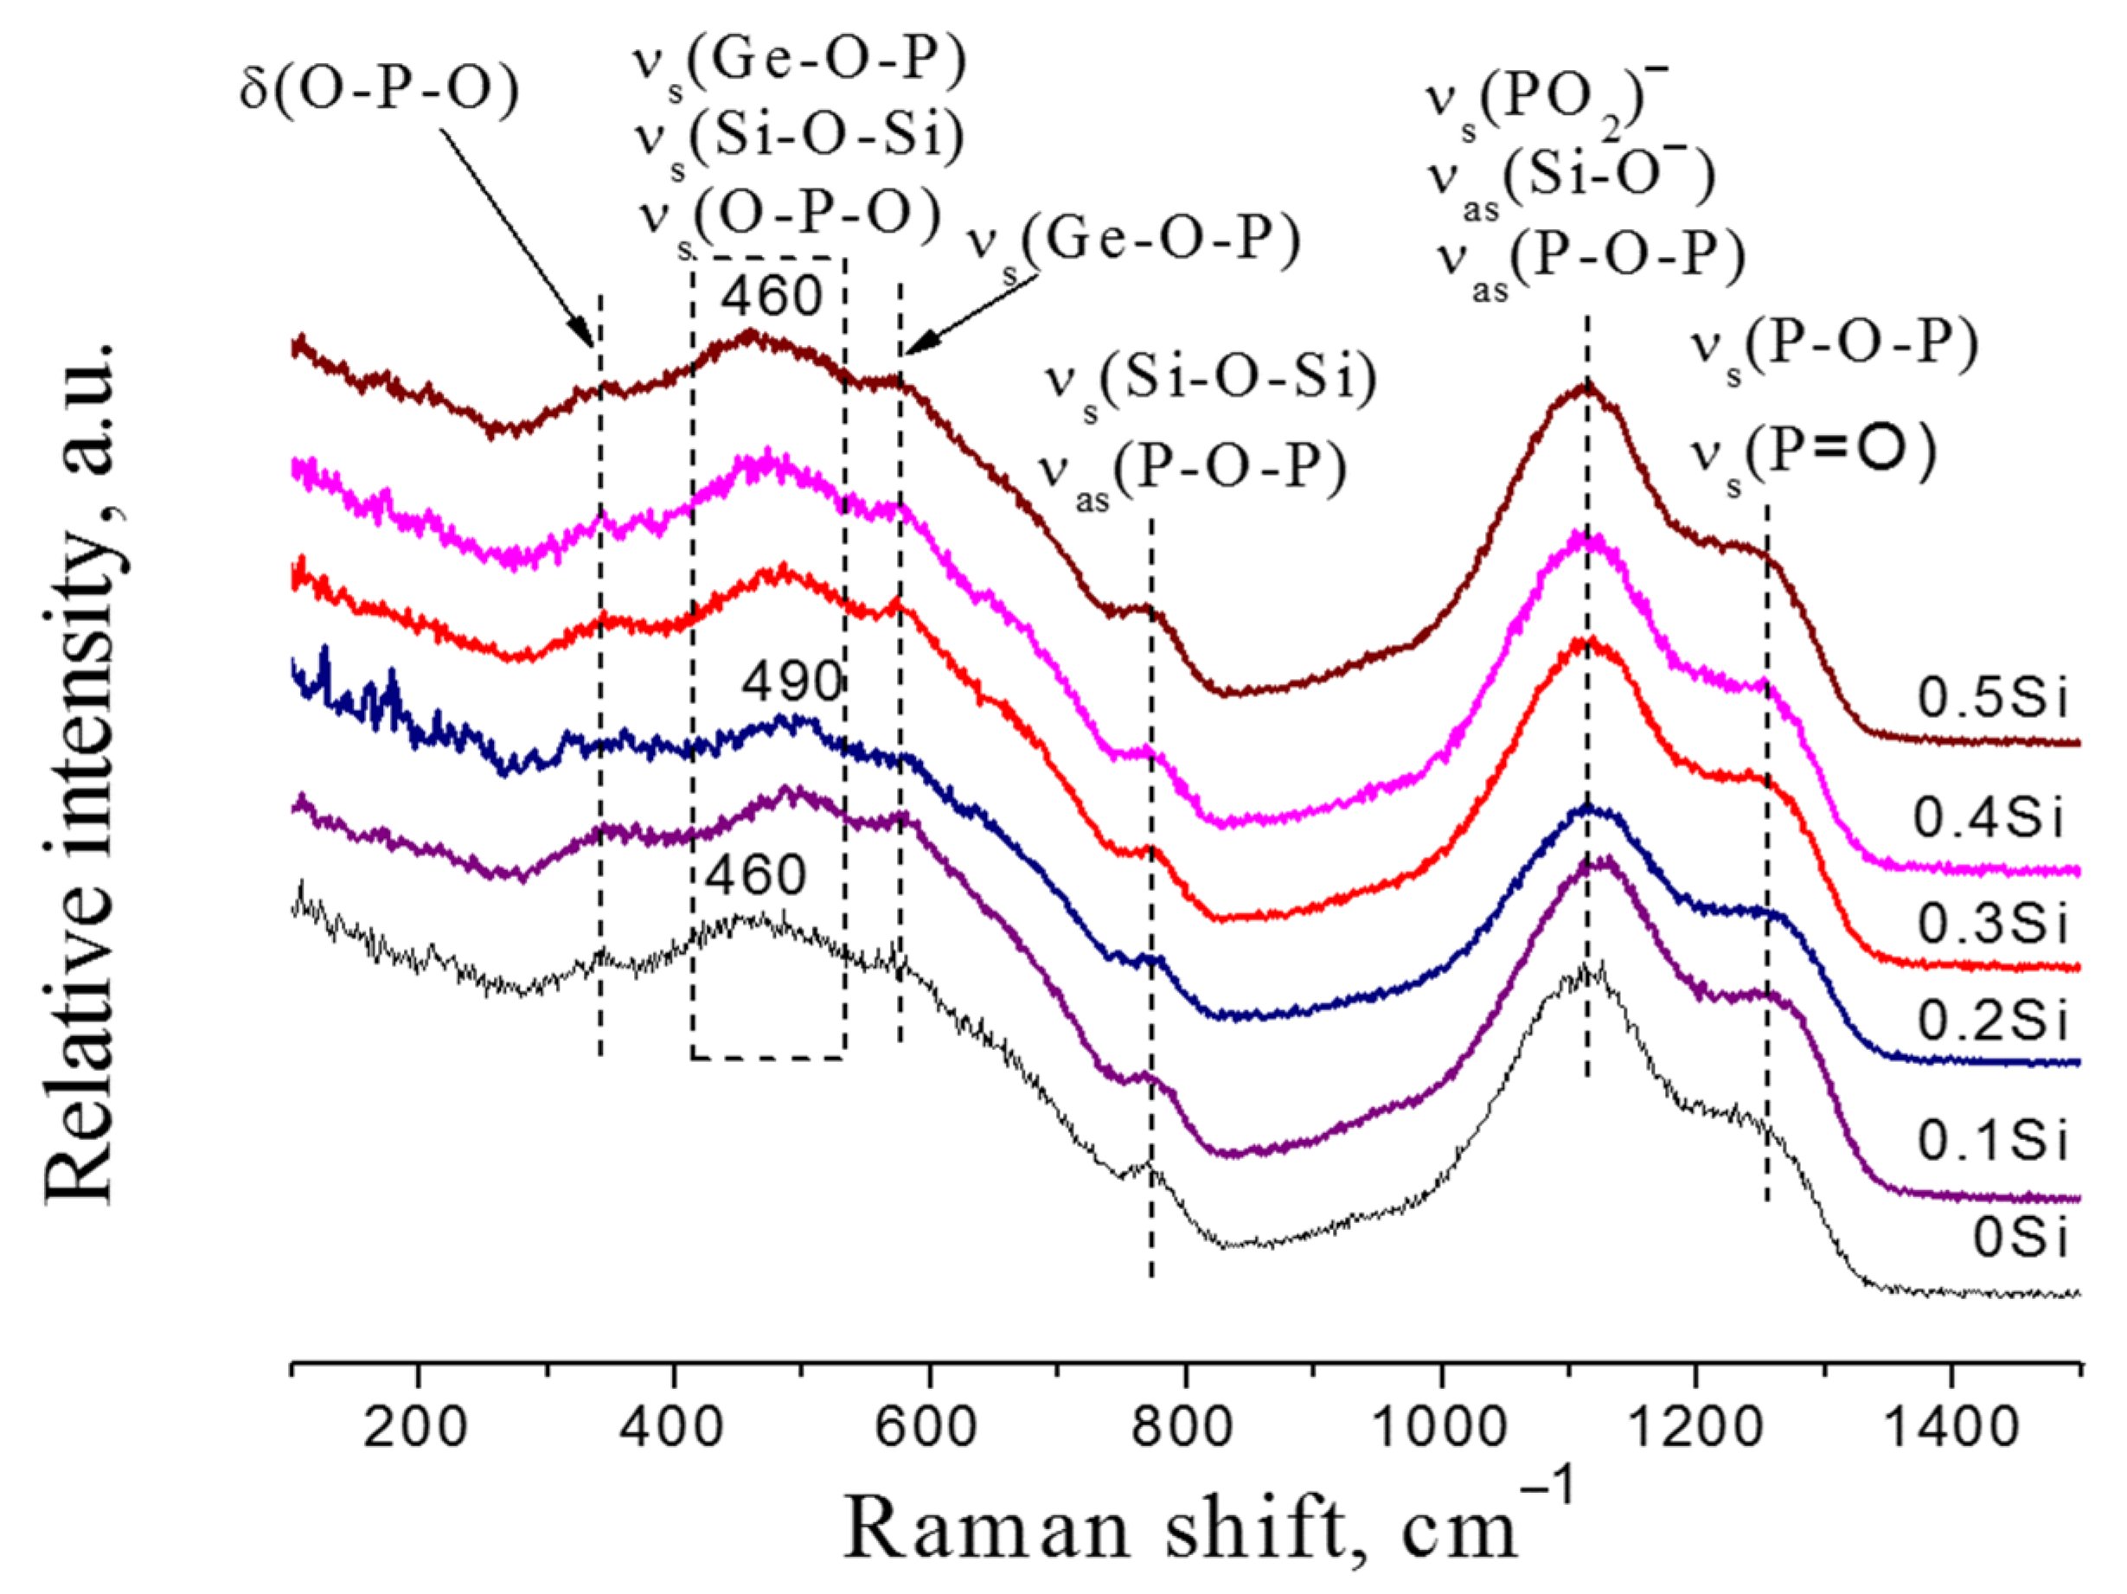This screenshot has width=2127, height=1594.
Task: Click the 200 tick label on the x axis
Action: [x=415, y=1425]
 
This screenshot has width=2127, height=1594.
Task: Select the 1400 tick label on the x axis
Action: [x=1951, y=1425]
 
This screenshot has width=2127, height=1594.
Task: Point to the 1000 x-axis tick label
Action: [x=1439, y=1425]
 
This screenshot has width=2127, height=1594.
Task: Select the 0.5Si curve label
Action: [x=1992, y=698]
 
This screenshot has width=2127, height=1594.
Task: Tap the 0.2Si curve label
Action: [x=1992, y=1020]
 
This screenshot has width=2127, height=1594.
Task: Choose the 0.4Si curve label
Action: [x=1989, y=819]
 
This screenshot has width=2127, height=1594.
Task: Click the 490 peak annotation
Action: [x=791, y=682]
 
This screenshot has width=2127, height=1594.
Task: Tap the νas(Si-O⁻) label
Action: [x=1571, y=182]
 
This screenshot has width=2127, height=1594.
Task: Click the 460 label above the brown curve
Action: [x=772, y=296]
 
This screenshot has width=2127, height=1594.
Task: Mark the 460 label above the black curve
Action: [x=756, y=875]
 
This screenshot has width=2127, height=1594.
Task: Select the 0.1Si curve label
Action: [x=1992, y=1141]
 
